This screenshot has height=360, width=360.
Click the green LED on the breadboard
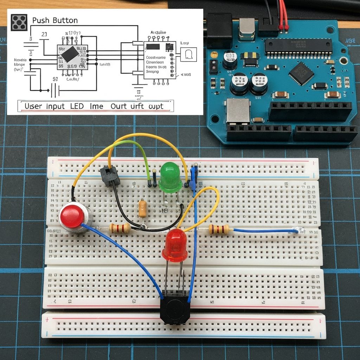click(171, 178)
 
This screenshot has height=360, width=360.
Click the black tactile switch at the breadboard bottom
click(175, 309)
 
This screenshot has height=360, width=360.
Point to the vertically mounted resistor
click(142, 208)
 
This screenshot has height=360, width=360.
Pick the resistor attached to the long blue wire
click(219, 230)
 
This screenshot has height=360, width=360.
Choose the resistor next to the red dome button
click(120, 228)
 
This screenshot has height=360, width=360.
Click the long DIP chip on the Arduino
click(298, 46)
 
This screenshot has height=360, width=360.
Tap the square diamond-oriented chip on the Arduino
click(301, 73)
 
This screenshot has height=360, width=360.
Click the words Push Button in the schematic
click(55, 20)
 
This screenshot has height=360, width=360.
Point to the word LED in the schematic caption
click(77, 106)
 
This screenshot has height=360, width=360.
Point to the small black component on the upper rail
click(110, 176)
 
